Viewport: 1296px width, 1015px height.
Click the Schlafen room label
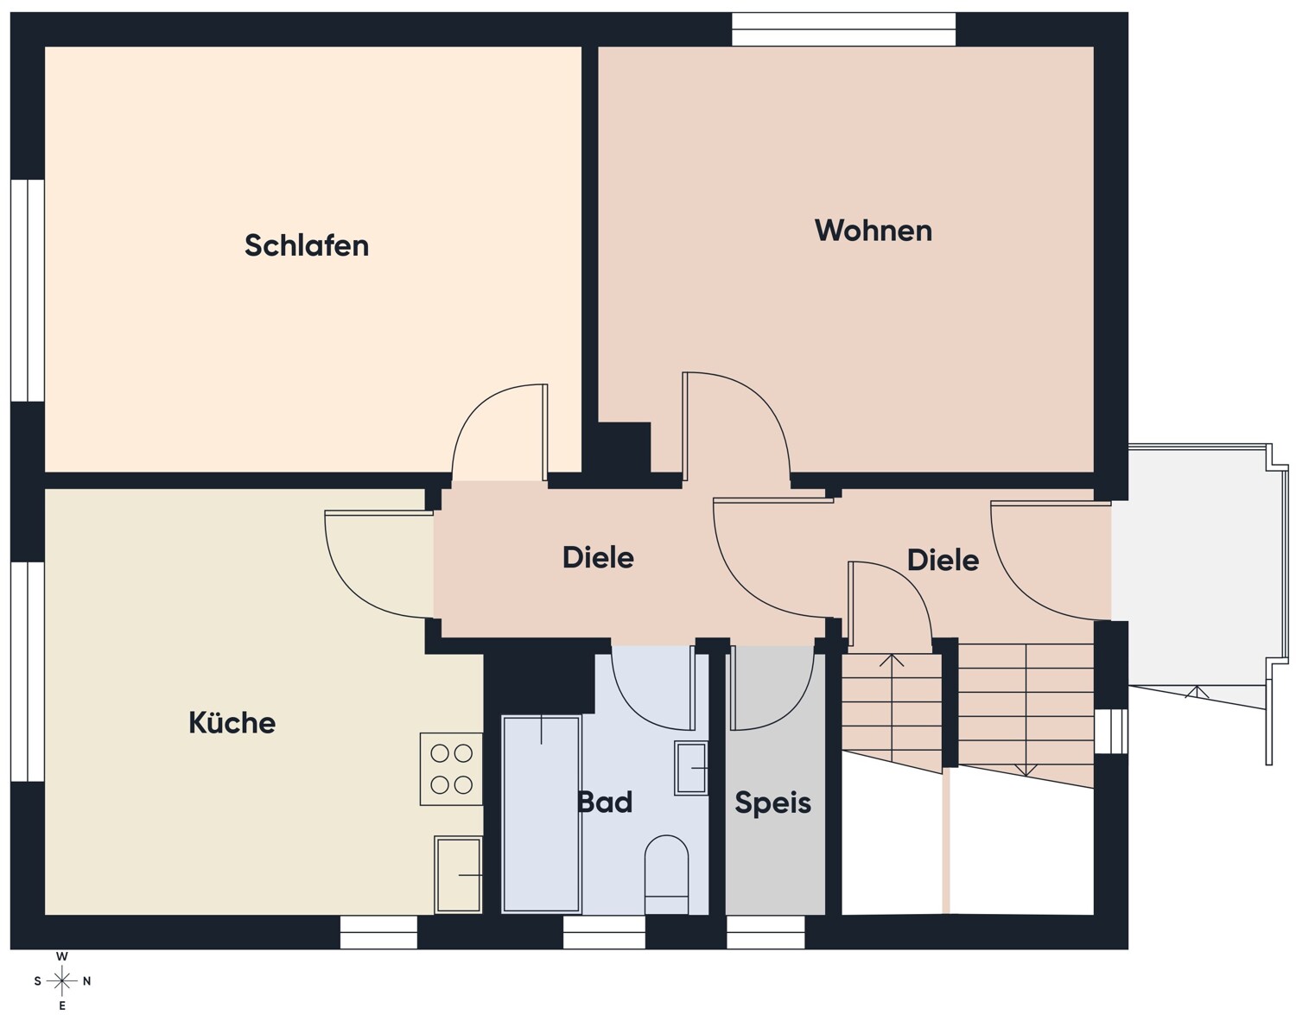[307, 245]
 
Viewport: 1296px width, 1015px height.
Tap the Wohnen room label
[874, 231]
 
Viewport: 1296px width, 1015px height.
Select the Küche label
[232, 722]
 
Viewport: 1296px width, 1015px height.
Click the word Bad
[605, 802]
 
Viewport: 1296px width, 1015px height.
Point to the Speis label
[773, 802]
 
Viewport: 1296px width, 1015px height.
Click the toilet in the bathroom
[666, 874]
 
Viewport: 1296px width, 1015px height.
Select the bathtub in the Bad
[541, 814]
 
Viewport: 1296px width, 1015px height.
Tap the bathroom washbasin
[690, 768]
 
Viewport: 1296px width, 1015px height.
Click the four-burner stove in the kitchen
[451, 769]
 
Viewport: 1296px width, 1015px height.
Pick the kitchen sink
[458, 874]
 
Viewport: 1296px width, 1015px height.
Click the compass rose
[62, 980]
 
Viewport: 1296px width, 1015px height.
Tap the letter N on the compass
[86, 981]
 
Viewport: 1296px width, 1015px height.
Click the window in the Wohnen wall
[843, 29]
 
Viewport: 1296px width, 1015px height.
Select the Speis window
[766, 933]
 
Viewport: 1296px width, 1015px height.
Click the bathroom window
[604, 933]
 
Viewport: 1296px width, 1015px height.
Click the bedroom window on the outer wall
[28, 290]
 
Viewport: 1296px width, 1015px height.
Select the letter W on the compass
[62, 956]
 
